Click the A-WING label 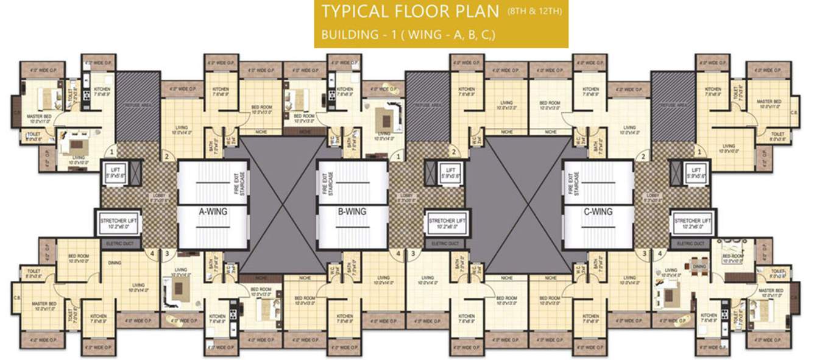(213, 212)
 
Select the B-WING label (352, 212)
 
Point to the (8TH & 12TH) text (535, 11)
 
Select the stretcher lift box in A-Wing (116, 223)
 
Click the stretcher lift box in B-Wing (447, 223)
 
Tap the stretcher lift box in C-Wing (692, 223)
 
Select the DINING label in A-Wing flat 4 (114, 263)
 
